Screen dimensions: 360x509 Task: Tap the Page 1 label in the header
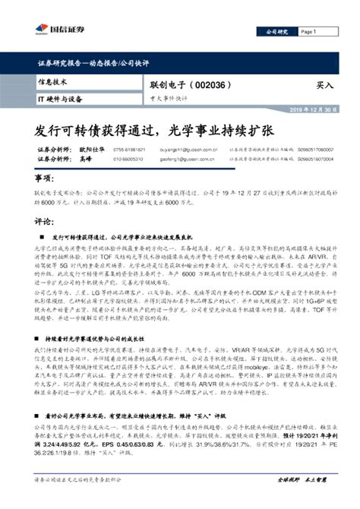[309, 32]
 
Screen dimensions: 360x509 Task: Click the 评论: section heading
[45, 222]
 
